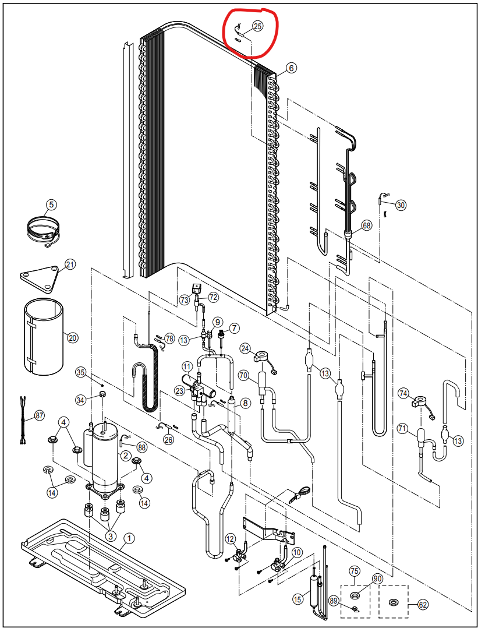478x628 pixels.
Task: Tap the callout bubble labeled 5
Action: (x=51, y=204)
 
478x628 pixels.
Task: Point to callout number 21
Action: (x=70, y=265)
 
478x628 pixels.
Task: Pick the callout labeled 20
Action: (x=73, y=337)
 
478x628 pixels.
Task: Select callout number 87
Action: (x=39, y=415)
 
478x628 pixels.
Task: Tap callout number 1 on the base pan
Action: (x=129, y=538)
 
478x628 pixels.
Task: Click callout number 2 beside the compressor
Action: (x=125, y=456)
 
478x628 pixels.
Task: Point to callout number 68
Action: (x=366, y=225)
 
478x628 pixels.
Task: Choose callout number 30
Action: (x=401, y=205)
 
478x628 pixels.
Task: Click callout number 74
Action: (x=403, y=393)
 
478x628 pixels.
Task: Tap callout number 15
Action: (x=298, y=599)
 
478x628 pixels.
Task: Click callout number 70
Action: (x=243, y=376)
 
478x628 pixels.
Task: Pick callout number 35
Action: (x=80, y=372)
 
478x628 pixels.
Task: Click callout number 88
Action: (x=141, y=446)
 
